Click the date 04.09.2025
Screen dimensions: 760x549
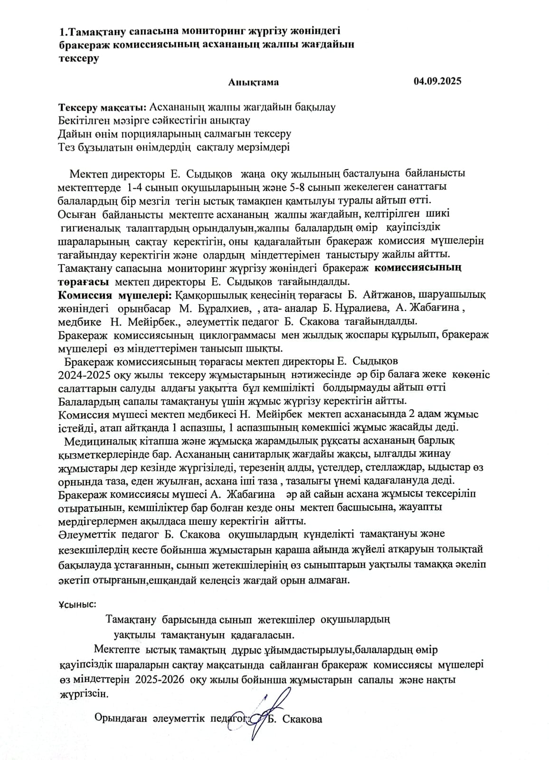click(437, 81)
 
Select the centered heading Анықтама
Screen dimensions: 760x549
click(253, 82)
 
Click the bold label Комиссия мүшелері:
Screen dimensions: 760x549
click(115, 295)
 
